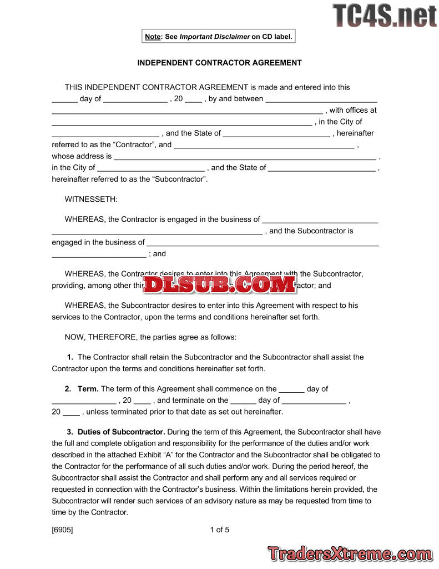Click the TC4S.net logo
[385, 16]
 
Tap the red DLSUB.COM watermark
[220, 284]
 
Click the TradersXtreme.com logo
[350, 553]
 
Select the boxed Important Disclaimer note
[218, 37]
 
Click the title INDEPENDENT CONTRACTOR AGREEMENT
[219, 63]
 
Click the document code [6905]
[62, 530]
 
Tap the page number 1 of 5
[219, 530]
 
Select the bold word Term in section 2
[88, 389]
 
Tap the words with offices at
[353, 110]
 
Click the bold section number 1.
[70, 357]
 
